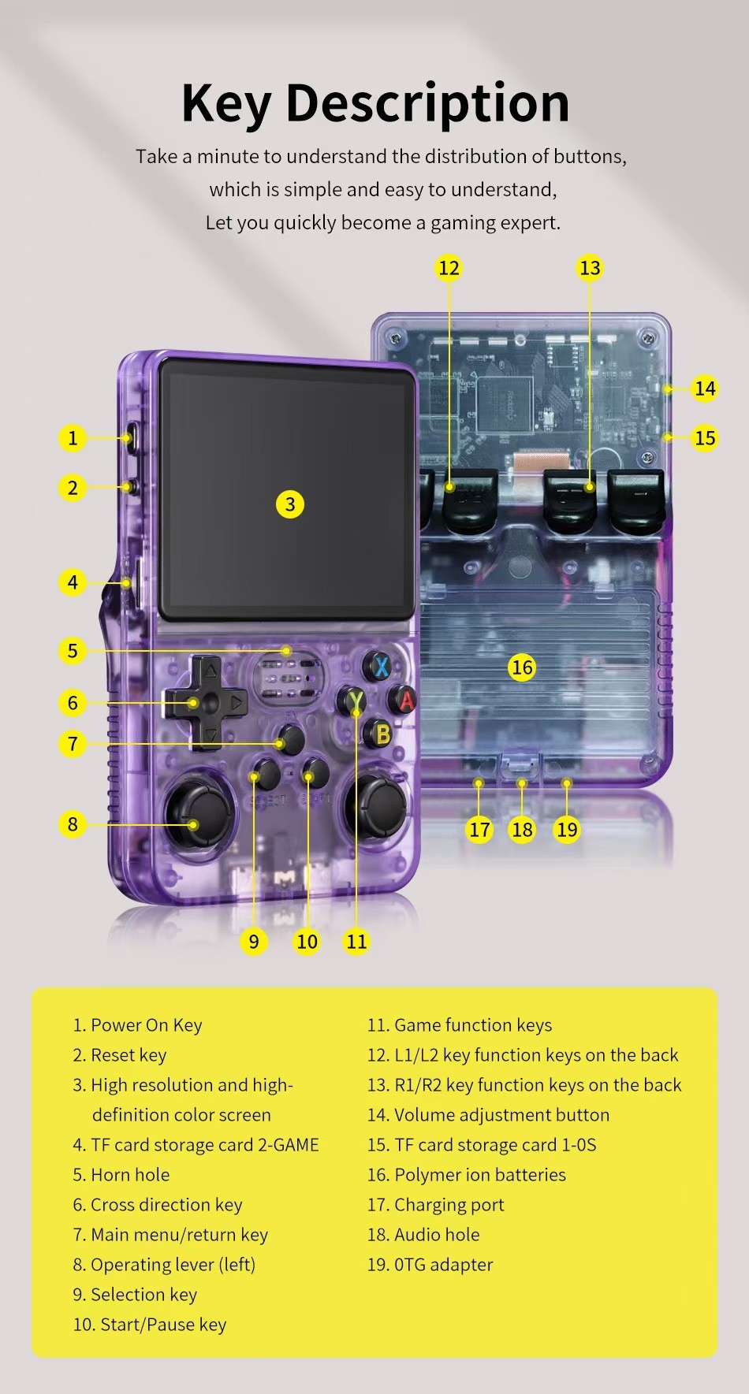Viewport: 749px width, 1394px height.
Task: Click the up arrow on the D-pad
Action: click(x=210, y=673)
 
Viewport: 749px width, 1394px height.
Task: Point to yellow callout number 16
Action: click(x=522, y=667)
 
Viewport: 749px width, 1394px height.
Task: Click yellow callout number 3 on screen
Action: click(x=290, y=504)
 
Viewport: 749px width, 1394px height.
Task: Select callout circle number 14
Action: click(x=705, y=388)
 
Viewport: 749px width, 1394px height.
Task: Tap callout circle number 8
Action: click(x=73, y=824)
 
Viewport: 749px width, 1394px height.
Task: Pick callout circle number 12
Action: click(x=449, y=268)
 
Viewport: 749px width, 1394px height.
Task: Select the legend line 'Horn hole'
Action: click(x=129, y=1174)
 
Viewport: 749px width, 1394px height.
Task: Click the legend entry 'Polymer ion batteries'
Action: click(x=479, y=1174)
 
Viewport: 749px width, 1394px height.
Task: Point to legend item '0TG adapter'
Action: click(x=443, y=1264)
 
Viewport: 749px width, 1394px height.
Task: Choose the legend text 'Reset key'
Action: click(x=129, y=1054)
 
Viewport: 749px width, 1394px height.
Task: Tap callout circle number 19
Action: click(x=567, y=829)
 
